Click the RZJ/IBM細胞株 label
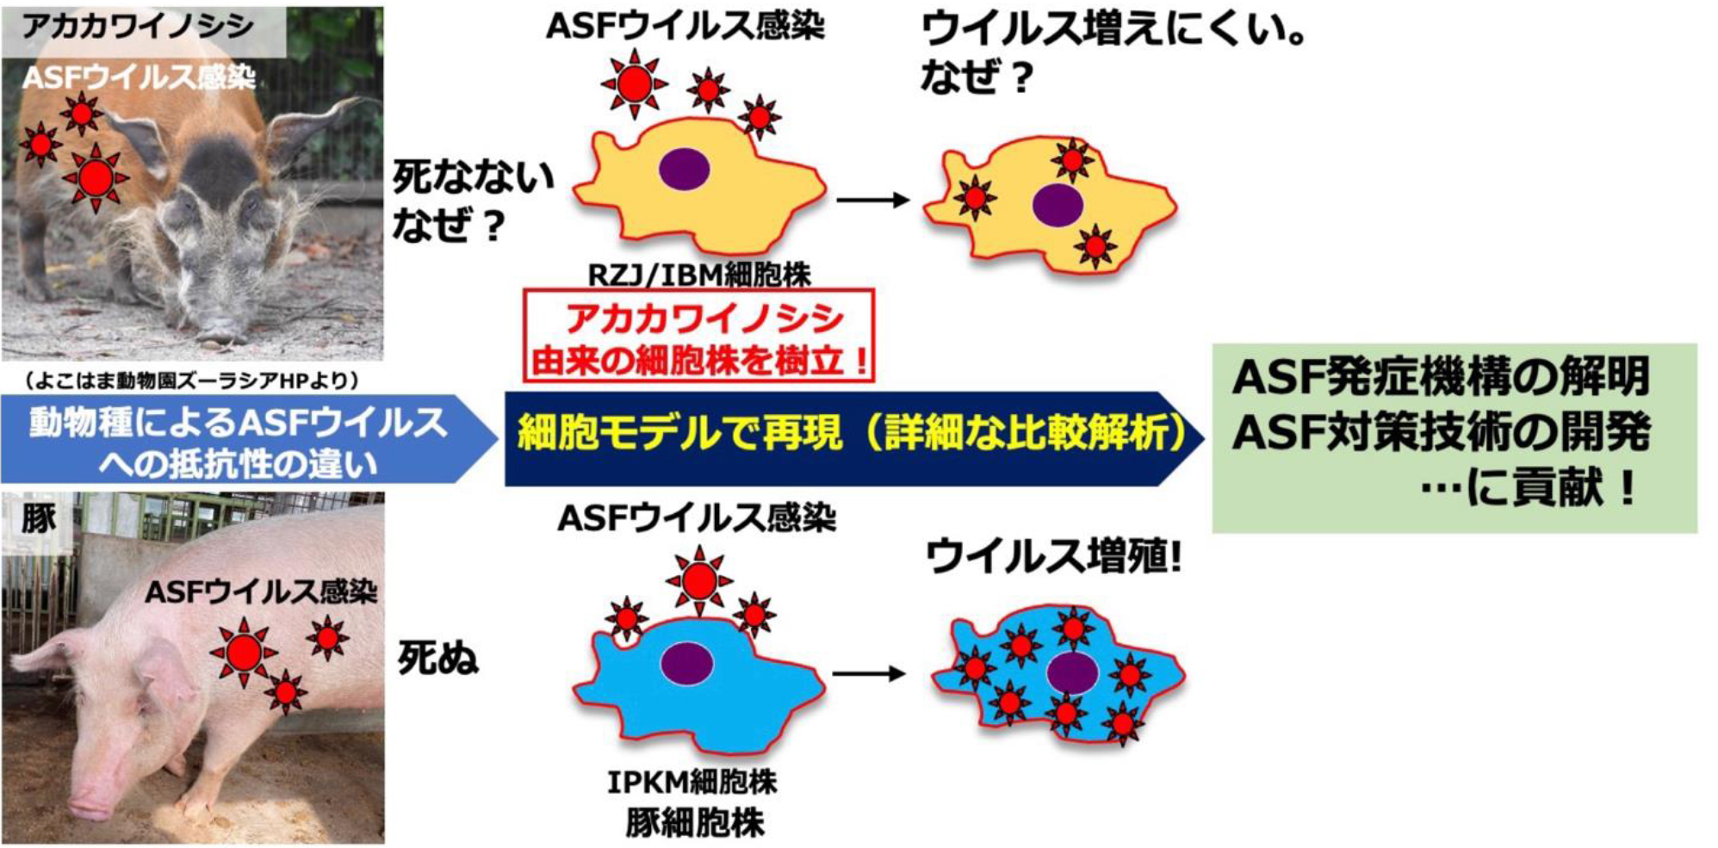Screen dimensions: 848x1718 tap(698, 275)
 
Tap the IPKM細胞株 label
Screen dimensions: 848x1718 tap(692, 782)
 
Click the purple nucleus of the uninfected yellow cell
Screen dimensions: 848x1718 tap(684, 170)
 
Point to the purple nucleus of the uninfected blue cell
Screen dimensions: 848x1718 tap(686, 664)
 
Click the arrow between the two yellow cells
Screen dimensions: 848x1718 tap(872, 201)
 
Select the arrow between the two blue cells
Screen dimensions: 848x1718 tap(869, 673)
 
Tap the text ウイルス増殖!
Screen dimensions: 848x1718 tap(1052, 556)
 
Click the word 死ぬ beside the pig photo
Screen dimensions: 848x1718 tap(437, 659)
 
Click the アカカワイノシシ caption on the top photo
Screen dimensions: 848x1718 tap(138, 27)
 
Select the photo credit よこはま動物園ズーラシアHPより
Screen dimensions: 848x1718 tap(192, 380)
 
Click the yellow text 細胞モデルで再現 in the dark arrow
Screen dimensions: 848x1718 tap(680, 432)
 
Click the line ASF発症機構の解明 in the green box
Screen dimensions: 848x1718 tap(1440, 377)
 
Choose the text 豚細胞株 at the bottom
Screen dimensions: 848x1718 tap(694, 823)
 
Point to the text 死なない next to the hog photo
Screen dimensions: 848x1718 tap(472, 178)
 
